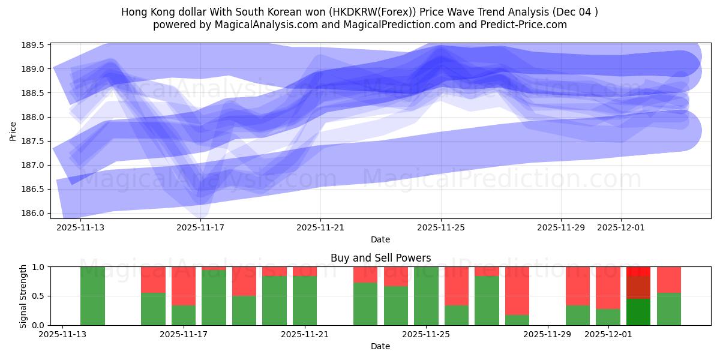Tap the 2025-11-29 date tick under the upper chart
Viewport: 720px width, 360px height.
(560, 227)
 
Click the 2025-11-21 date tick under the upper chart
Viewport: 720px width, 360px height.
(320, 227)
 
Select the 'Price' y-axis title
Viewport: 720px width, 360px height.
(13, 130)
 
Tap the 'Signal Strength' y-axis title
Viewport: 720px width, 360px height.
(23, 296)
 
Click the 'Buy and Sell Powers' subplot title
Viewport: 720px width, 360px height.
(380, 258)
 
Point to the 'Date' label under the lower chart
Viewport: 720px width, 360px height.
(380, 346)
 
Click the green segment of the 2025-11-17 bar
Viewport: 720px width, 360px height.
(184, 315)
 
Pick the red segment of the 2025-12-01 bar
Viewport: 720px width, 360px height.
(608, 287)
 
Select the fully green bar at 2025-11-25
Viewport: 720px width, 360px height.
(426, 296)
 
